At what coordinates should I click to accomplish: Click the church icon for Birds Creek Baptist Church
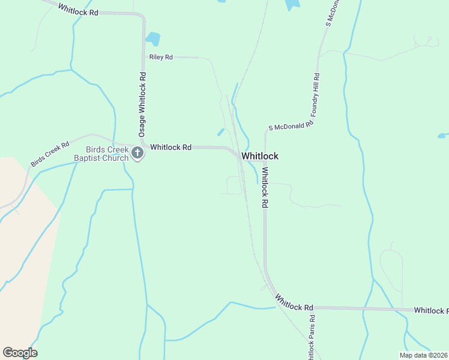[137, 153]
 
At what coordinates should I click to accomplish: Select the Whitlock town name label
[260, 156]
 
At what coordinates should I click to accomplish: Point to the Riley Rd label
[161, 57]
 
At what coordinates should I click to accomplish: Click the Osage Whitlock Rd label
[142, 107]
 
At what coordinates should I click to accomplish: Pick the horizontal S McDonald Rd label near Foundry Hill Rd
[291, 127]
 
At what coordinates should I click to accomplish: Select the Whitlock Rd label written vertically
[264, 187]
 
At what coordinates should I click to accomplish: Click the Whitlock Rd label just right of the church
[170, 147]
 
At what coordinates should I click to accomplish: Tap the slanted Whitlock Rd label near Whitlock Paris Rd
[294, 302]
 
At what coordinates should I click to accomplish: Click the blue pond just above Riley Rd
[153, 39]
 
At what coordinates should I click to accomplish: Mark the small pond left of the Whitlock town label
[221, 132]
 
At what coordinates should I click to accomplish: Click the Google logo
[20, 353]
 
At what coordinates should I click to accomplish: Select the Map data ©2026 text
[423, 355]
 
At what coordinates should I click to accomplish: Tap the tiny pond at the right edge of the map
[443, 136]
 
